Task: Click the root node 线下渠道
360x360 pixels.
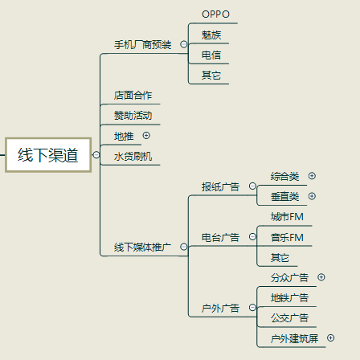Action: pyautogui.click(x=48, y=154)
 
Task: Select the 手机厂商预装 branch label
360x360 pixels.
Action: pyautogui.click(x=142, y=45)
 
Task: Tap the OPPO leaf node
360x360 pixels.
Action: pyautogui.click(x=215, y=14)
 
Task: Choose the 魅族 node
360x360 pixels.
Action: pyautogui.click(x=212, y=35)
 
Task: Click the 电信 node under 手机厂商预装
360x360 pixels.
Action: pyautogui.click(x=212, y=55)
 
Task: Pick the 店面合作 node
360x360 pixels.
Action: pyautogui.click(x=133, y=96)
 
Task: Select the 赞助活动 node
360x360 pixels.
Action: pyautogui.click(x=133, y=116)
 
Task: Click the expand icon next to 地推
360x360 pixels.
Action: pyautogui.click(x=146, y=135)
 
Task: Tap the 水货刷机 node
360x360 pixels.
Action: pyautogui.click(x=133, y=156)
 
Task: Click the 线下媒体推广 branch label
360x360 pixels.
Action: pyautogui.click(x=142, y=247)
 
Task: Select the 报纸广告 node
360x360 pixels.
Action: pyautogui.click(x=220, y=186)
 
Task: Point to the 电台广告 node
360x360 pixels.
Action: pyautogui.click(x=220, y=238)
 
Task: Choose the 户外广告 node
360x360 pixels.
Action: pyautogui.click(x=220, y=308)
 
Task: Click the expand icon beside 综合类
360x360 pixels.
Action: pyautogui.click(x=312, y=176)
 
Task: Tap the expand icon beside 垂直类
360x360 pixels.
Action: pyautogui.click(x=312, y=196)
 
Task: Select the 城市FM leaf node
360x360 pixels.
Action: pyautogui.click(x=287, y=217)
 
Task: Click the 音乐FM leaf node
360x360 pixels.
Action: pyautogui.click(x=287, y=238)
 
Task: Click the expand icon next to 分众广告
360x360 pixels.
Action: pyautogui.click(x=321, y=277)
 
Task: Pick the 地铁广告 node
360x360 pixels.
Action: pyautogui.click(x=289, y=298)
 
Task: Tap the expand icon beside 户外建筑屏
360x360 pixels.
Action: pyautogui.click(x=331, y=338)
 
